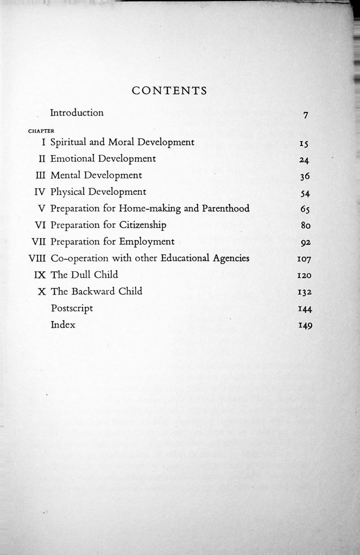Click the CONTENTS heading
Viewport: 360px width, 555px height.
click(x=169, y=91)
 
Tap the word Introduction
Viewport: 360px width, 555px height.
click(x=77, y=113)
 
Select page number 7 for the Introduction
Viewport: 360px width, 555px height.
click(x=306, y=115)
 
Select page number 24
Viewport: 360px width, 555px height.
click(x=304, y=160)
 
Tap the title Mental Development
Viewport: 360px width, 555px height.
click(x=96, y=175)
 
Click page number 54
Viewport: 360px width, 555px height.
click(x=304, y=193)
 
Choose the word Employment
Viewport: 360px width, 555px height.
click(x=148, y=241)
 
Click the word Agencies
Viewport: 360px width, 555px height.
click(x=227, y=258)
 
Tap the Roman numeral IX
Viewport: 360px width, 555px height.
click(x=39, y=275)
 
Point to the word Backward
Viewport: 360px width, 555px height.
click(x=97, y=291)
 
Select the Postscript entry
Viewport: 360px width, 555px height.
click(x=72, y=308)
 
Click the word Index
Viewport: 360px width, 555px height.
click(x=62, y=325)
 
